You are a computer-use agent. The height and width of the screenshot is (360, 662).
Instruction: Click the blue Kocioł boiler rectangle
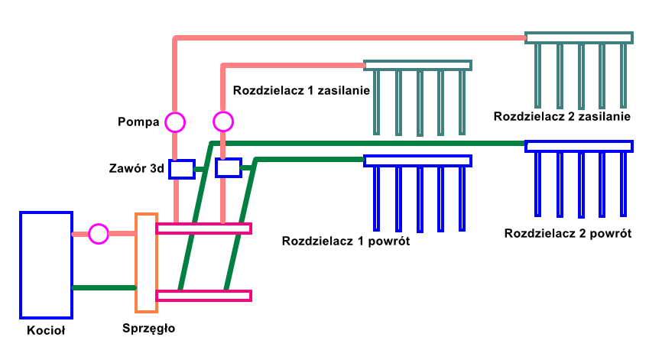(46, 264)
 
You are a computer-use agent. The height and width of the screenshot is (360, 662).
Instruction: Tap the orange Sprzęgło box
(146, 263)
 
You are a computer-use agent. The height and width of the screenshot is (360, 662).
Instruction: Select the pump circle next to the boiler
(99, 234)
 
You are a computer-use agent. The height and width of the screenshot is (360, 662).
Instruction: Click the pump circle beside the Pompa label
(175, 122)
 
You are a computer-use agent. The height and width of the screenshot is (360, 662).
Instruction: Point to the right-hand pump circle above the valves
(222, 122)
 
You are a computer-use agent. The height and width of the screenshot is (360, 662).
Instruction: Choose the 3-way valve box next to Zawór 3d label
(181, 169)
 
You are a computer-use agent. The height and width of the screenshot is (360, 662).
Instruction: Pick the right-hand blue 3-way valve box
(229, 167)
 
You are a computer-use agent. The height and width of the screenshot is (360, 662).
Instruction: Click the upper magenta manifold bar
(203, 228)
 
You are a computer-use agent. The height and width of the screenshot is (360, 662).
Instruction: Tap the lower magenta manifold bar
(203, 296)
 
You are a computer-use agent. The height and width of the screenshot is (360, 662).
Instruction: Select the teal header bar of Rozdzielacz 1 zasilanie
(417, 65)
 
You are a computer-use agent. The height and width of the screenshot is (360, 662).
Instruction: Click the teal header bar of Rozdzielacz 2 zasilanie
(579, 37)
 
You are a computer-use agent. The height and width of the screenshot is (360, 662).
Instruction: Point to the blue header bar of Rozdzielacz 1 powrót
(417, 161)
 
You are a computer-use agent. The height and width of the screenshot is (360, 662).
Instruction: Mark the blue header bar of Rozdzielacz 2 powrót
(579, 146)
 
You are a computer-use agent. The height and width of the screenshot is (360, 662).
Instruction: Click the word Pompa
(138, 122)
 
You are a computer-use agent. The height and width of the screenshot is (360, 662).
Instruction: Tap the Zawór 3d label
(137, 169)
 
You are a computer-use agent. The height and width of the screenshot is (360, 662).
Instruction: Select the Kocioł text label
(46, 331)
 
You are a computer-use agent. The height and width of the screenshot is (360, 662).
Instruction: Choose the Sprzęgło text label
(149, 328)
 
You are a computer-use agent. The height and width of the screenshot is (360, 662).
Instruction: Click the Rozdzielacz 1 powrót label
(346, 242)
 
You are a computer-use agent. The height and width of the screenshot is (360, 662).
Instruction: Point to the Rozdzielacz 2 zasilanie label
(562, 117)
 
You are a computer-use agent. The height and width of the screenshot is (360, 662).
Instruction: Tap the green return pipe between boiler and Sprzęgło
(103, 287)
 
